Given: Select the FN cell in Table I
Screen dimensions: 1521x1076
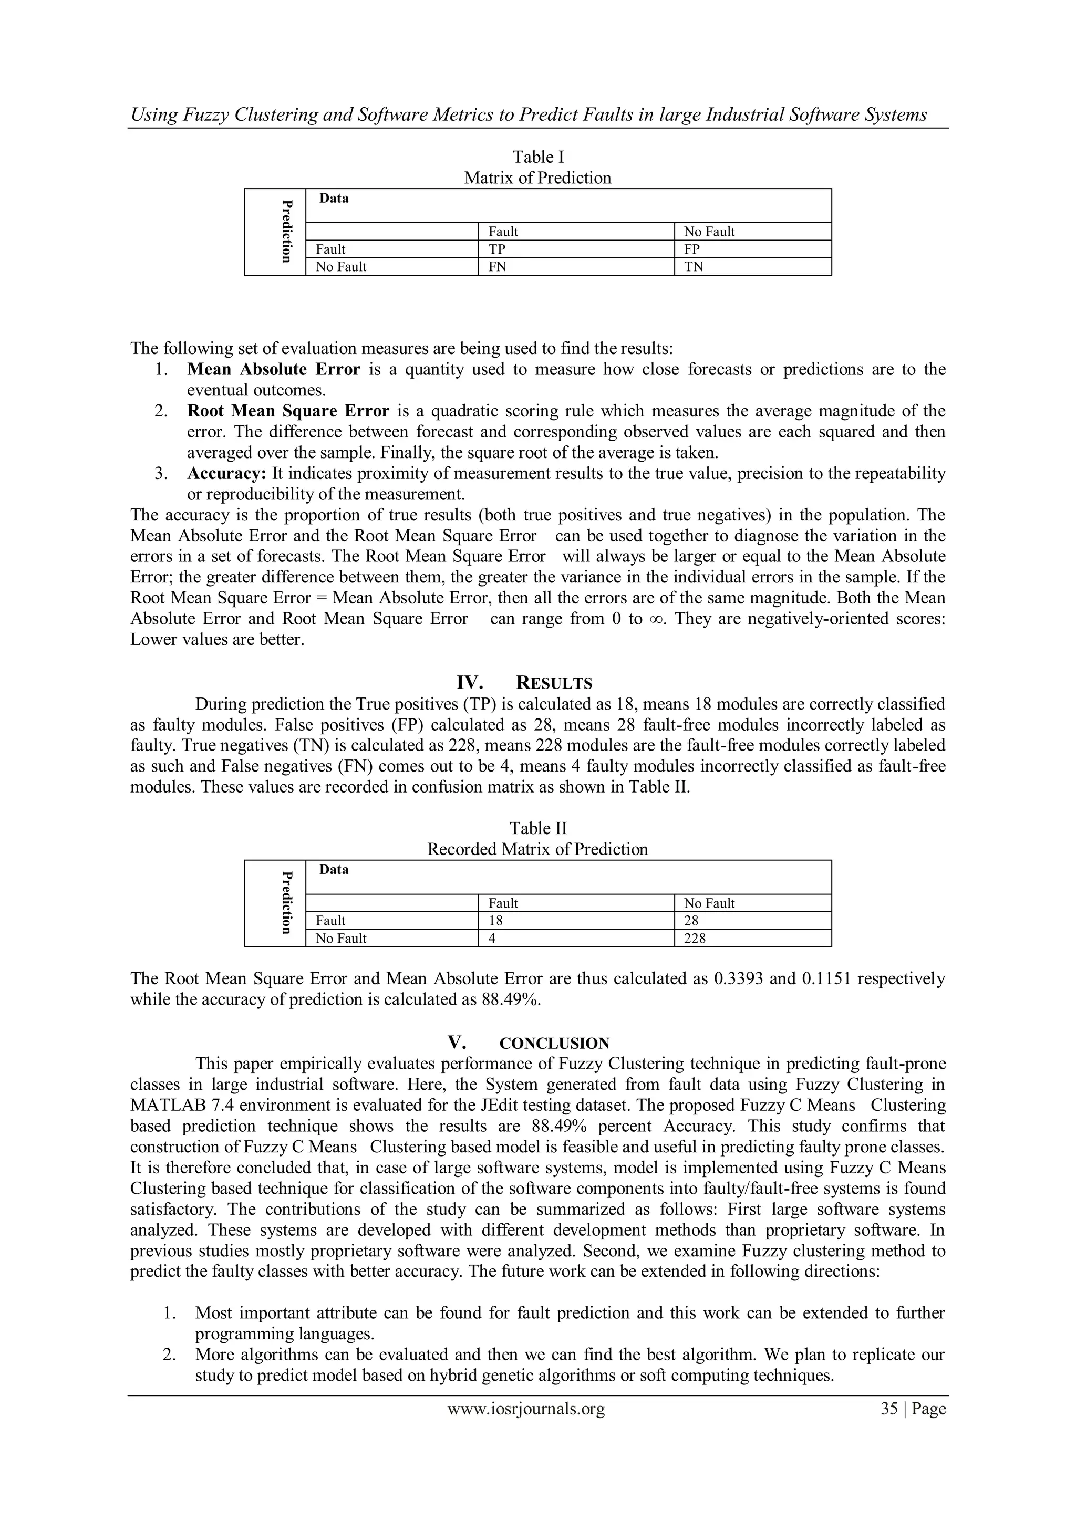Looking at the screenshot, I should click(498, 267).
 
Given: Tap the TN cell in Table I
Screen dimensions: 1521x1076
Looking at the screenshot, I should click(694, 267).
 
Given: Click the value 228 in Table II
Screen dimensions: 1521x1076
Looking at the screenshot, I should click(695, 939).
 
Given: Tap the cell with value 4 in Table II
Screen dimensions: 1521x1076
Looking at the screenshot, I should click(492, 939).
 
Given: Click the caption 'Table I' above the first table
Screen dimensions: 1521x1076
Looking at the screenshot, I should click(538, 157).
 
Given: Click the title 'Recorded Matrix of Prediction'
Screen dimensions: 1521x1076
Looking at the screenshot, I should click(537, 849).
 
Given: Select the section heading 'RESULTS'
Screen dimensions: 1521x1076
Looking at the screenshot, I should click(553, 683).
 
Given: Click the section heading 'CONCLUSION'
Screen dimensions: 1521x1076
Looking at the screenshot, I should click(554, 1044).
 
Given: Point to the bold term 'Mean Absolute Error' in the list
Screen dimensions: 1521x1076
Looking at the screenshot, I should click(274, 369).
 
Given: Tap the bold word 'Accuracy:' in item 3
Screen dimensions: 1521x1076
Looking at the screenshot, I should click(226, 474).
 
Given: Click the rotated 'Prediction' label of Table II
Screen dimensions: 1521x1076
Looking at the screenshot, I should click(286, 902).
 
